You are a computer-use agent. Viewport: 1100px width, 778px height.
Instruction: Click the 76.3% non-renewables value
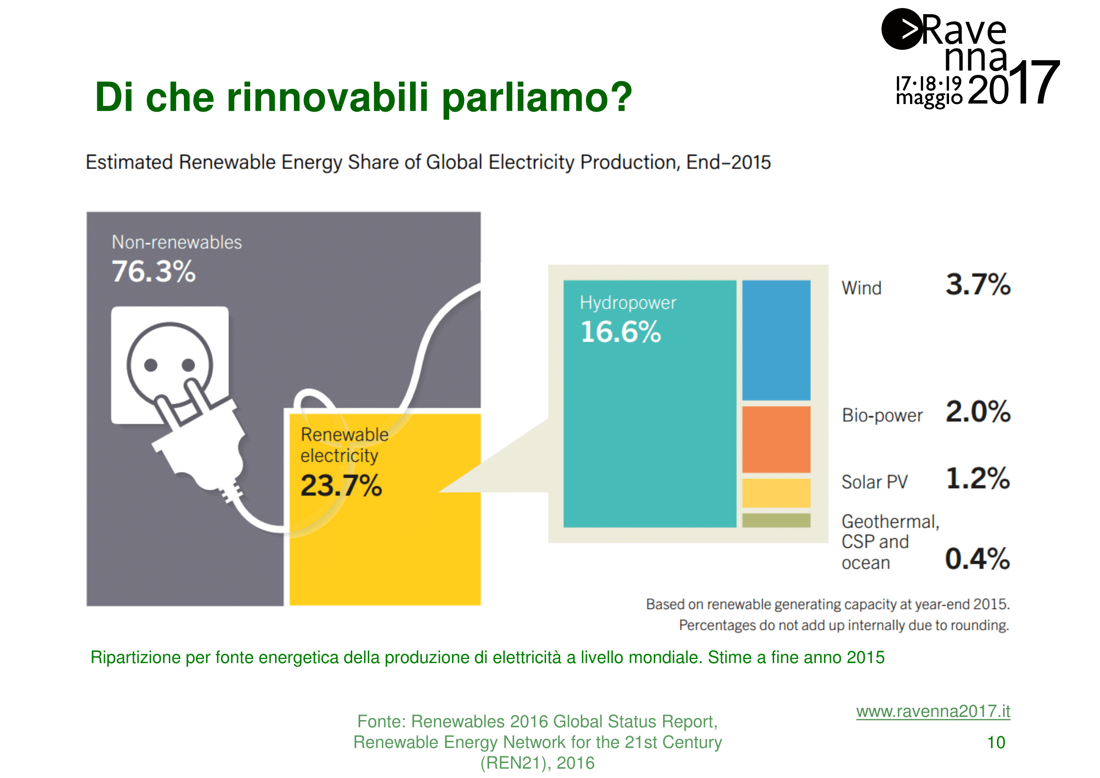point(153,271)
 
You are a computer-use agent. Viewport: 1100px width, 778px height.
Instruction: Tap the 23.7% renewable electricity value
point(341,485)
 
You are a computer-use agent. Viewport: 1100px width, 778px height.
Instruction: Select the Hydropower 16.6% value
point(620,332)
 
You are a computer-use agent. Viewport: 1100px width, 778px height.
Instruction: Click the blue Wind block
point(776,340)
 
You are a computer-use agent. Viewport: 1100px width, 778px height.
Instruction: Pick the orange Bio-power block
point(776,439)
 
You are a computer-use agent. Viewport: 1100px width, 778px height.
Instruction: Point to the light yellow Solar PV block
point(776,492)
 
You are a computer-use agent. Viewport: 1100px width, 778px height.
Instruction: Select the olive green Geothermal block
point(776,520)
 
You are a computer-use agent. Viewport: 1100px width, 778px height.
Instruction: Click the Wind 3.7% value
point(977,284)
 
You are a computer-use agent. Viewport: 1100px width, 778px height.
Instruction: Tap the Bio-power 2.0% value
point(977,411)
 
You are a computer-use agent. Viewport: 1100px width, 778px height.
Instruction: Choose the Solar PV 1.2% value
point(977,478)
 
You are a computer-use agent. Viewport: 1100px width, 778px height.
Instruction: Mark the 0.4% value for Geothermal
point(977,559)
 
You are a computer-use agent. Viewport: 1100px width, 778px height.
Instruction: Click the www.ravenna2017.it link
point(933,711)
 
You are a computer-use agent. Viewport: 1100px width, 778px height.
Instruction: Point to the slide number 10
point(996,743)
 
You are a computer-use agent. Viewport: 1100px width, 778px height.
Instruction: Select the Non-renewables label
point(177,242)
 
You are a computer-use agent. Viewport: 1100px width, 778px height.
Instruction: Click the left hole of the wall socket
point(151,365)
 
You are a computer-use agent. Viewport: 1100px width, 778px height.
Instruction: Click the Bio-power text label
point(882,415)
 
